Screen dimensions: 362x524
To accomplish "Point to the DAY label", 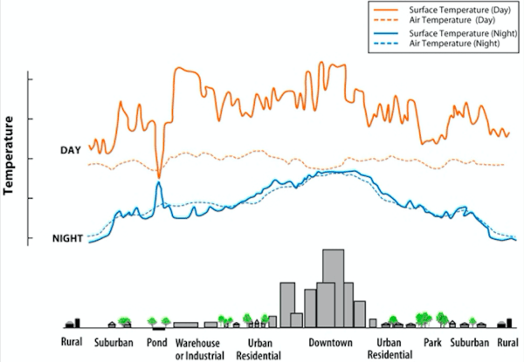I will pyautogui.click(x=71, y=151).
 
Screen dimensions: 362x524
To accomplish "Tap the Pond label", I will pyautogui.click(x=158, y=342).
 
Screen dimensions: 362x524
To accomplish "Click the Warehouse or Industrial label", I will pyautogui.click(x=199, y=348).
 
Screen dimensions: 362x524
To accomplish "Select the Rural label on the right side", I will pyautogui.click(x=507, y=342).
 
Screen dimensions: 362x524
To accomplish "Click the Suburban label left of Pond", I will pyautogui.click(x=114, y=342).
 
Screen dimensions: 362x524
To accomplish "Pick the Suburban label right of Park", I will pyautogui.click(x=469, y=342).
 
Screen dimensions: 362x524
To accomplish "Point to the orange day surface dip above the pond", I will pyautogui.click(x=158, y=176).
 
